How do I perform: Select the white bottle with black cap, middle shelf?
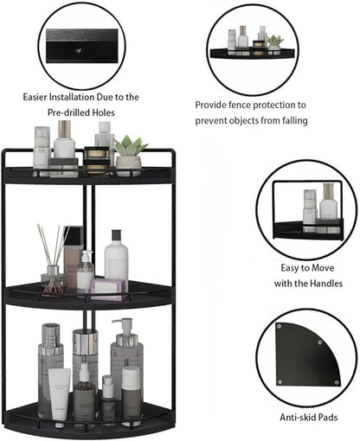(x=116, y=259)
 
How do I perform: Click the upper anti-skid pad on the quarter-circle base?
(x=278, y=327)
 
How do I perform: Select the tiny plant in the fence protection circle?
(x=274, y=42)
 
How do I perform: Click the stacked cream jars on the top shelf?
(x=98, y=159)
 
